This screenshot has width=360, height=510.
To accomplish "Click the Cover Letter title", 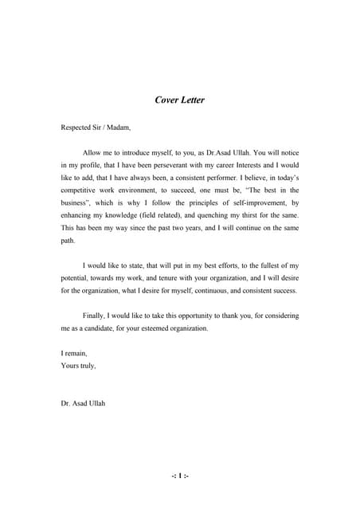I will click(179, 100).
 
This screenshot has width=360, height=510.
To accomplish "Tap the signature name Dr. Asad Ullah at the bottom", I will click(83, 403).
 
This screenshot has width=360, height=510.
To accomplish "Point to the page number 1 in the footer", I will click(180, 476).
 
